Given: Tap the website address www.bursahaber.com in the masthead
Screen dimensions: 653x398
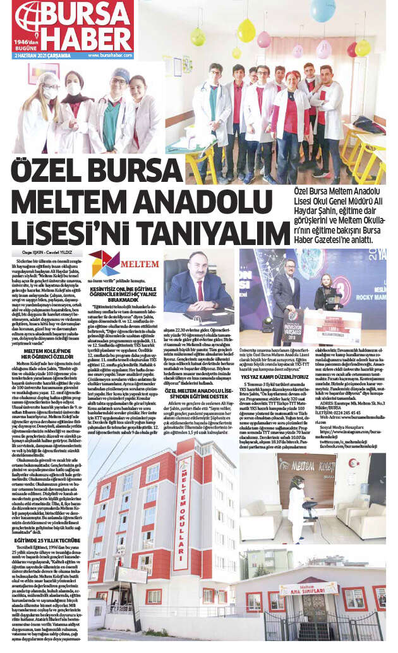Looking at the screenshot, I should [x=106, y=55].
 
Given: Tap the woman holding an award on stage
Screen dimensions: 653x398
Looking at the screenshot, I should [x=329, y=291].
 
